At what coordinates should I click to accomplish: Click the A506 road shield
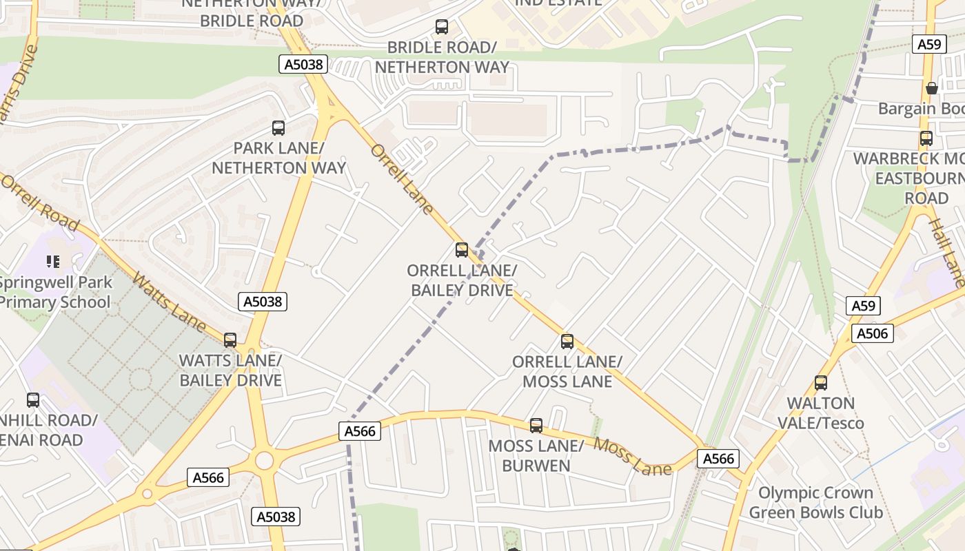coord(873,334)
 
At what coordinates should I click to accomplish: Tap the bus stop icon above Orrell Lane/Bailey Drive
coord(462,250)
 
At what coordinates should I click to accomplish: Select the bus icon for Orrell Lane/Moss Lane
coord(567,341)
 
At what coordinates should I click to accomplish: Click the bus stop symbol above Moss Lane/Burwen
coord(536,426)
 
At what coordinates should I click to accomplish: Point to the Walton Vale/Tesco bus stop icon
coord(820,382)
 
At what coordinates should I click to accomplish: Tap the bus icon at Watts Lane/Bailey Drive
coord(230,340)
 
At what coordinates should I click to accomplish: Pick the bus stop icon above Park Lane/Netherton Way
coord(278,127)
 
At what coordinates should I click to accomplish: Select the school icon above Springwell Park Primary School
coord(52,261)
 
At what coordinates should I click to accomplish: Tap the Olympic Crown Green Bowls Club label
coord(815,503)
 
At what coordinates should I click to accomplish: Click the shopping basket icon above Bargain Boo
coord(932,88)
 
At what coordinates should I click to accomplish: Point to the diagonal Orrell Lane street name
coord(402,179)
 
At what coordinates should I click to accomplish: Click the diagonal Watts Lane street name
coord(169,302)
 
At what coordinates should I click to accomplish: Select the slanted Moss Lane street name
coord(633,456)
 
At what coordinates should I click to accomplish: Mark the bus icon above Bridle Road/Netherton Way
coord(442,27)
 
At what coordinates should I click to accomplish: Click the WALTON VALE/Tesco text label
coord(820,413)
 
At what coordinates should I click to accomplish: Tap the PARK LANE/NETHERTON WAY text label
coord(278,158)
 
